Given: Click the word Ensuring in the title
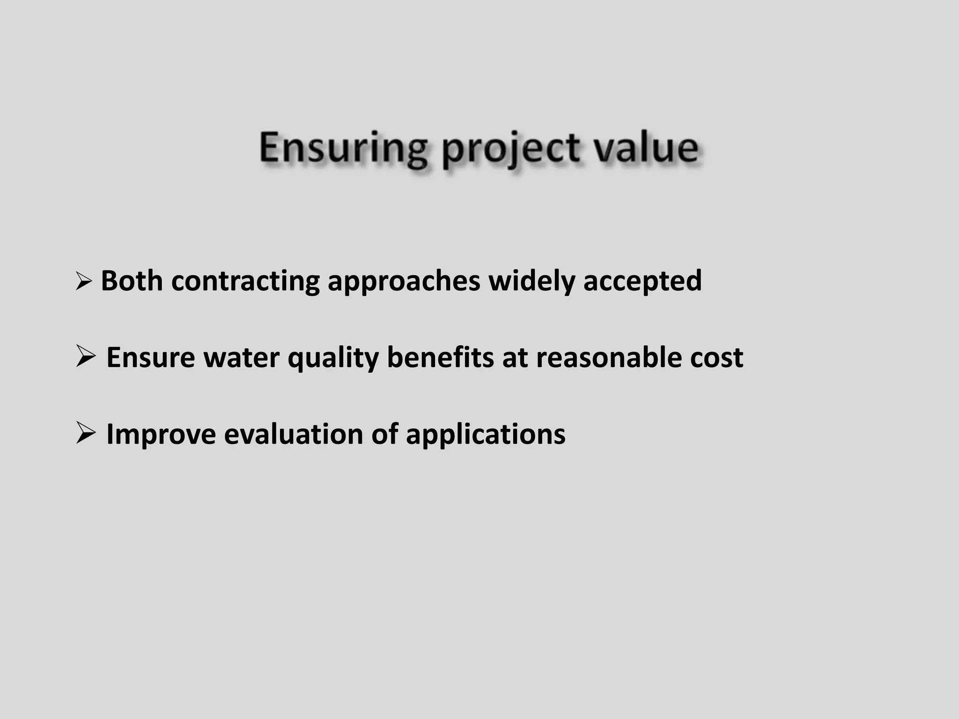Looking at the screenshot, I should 343,148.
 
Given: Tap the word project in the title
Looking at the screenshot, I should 511,150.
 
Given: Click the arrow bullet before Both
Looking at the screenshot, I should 83,281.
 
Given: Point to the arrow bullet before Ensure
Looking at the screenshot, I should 85,357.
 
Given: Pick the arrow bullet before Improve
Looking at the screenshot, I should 85,433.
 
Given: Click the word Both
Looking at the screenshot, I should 132,281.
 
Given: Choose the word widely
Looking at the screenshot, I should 531,282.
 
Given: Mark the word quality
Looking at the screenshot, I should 332,359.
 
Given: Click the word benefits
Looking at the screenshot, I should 440,358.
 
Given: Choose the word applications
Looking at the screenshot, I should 486,435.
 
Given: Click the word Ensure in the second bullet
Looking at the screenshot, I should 150,358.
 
